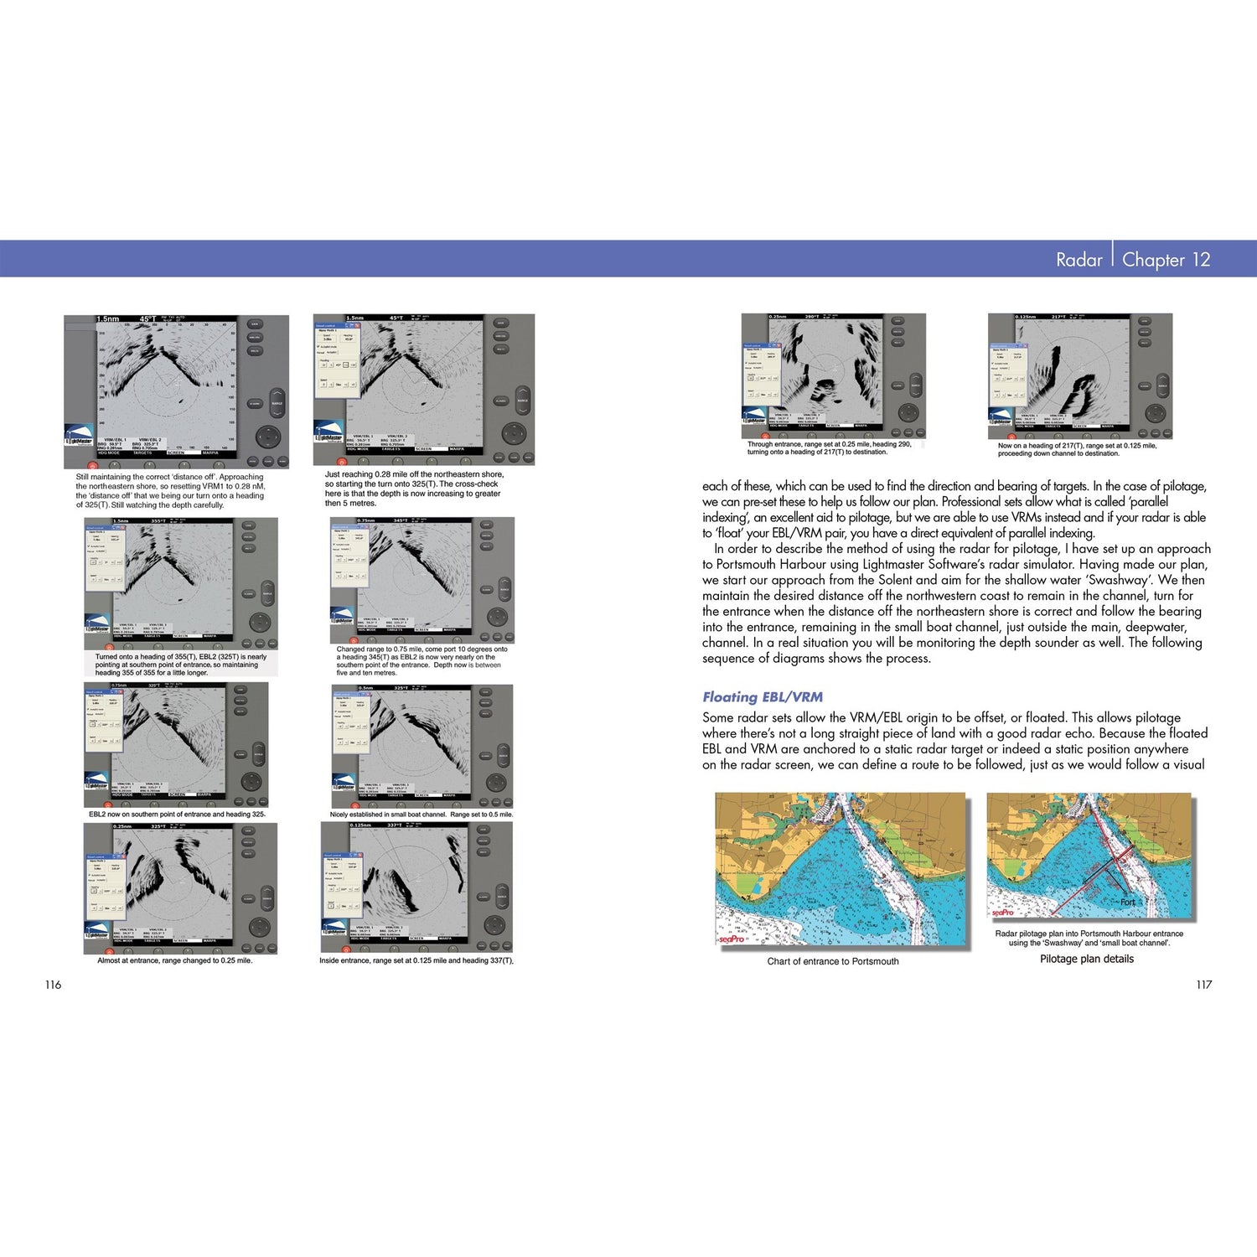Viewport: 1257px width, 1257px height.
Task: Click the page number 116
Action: (x=53, y=985)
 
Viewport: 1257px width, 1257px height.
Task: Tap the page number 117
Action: (x=1203, y=985)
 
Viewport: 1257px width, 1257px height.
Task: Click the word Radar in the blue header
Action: (x=1079, y=260)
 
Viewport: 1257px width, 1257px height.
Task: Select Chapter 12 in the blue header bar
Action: (x=1166, y=260)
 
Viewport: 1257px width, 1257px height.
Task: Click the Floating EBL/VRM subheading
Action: (x=762, y=696)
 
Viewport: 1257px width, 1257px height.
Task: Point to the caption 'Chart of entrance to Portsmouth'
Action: (x=832, y=961)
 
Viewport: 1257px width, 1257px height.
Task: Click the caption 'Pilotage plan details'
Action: (x=1086, y=959)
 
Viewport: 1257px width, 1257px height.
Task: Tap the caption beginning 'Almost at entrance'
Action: (x=174, y=960)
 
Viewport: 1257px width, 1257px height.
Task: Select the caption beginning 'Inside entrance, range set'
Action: (x=416, y=960)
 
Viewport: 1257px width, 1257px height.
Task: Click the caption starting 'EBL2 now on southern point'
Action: (x=177, y=814)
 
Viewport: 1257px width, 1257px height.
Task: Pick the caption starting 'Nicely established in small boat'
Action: (x=421, y=814)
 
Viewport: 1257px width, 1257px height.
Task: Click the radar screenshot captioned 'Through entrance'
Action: (x=833, y=375)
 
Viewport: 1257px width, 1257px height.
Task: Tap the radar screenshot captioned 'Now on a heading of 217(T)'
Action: (x=1079, y=375)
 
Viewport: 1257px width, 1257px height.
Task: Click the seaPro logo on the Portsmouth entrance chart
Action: (x=732, y=939)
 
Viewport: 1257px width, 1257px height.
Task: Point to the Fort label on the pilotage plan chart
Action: (x=1128, y=903)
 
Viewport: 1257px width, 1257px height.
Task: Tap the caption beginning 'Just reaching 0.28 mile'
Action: (x=414, y=489)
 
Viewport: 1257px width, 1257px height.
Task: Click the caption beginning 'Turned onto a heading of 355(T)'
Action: (x=180, y=665)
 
